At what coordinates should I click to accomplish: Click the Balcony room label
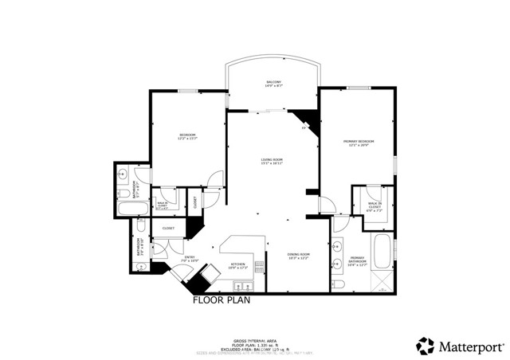pos(274,84)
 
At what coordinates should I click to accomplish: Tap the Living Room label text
pos(272,162)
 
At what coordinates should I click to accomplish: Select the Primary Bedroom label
pos(359,143)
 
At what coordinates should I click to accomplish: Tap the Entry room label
pos(190,258)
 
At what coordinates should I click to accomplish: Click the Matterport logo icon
pos(426,346)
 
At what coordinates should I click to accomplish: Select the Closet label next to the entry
pos(168,229)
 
